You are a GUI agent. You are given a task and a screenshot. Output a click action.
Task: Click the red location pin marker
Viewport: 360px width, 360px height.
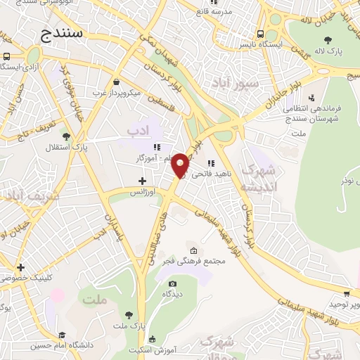[181, 165]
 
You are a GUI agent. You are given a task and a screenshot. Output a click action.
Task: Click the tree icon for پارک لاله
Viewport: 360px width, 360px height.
[328, 39]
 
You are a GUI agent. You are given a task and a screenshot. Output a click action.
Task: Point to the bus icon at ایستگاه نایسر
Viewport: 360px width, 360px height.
[261, 33]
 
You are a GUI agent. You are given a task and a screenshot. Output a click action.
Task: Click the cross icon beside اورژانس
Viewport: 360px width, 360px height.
[142, 181]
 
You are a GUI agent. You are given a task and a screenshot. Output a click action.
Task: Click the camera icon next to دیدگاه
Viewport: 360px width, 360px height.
[173, 283]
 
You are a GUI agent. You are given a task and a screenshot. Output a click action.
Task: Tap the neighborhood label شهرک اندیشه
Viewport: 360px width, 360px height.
[258, 179]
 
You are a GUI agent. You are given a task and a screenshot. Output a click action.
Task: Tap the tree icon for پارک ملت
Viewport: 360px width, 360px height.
[128, 314]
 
